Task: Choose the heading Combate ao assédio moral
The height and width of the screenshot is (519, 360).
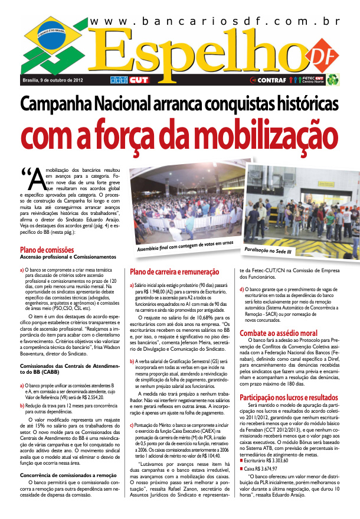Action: pyautogui.click(x=279, y=333)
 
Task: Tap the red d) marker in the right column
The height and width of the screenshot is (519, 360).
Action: pyautogui.click(x=241, y=288)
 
